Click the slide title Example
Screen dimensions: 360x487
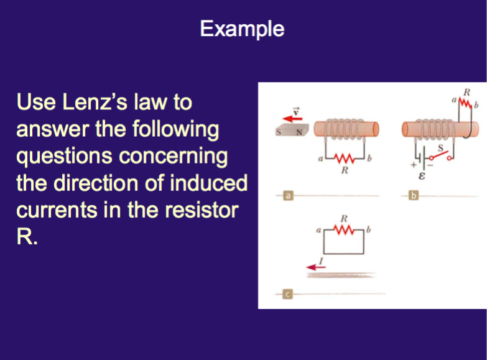(x=243, y=29)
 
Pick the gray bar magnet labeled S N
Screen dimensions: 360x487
(x=292, y=132)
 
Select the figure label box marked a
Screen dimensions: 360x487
(x=288, y=197)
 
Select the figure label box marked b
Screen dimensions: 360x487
(x=415, y=197)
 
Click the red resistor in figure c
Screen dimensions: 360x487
(x=343, y=231)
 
